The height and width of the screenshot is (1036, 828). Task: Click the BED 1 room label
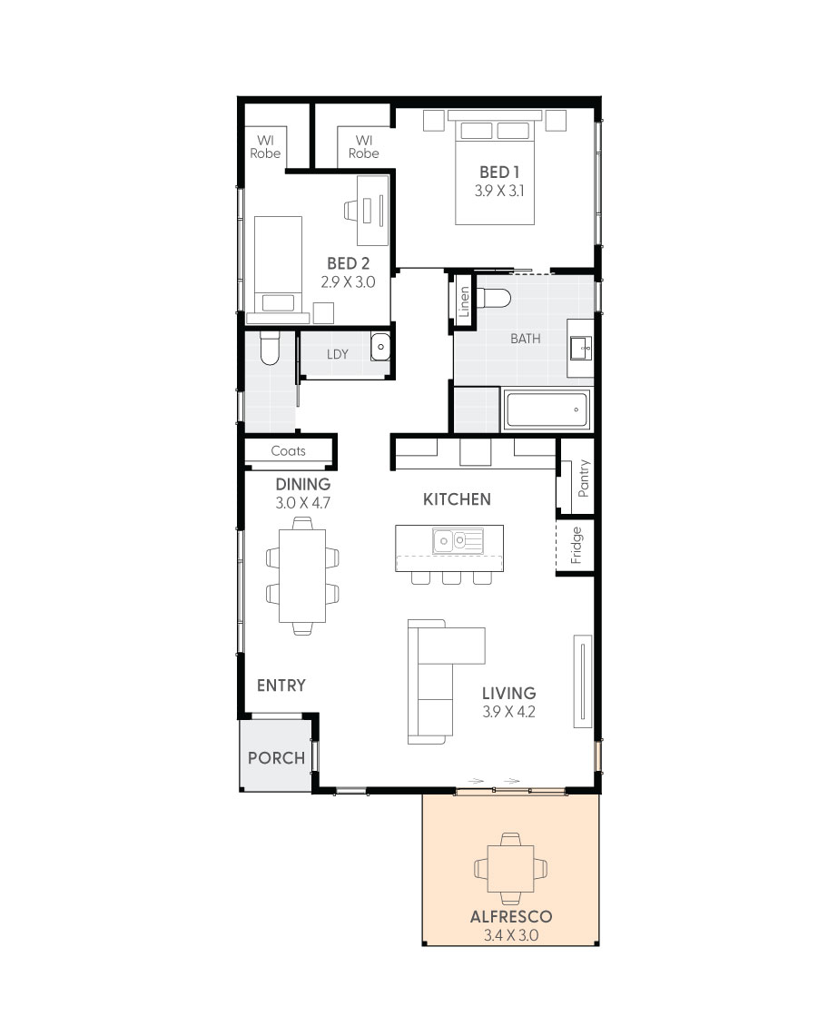(498, 172)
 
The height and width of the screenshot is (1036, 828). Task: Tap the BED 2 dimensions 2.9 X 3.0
(348, 281)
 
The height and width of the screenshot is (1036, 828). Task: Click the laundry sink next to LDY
(381, 347)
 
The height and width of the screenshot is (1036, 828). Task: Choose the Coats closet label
(288, 450)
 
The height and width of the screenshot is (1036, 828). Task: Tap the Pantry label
(583, 478)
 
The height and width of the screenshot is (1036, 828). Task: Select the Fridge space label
(576, 545)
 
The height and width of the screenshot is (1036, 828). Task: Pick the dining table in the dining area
(302, 574)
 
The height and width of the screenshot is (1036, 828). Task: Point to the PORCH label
(276, 757)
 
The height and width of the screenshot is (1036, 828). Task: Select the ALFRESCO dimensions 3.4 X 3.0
(510, 934)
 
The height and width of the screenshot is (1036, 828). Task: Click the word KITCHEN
(457, 498)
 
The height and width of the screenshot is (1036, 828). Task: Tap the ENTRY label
(281, 686)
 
